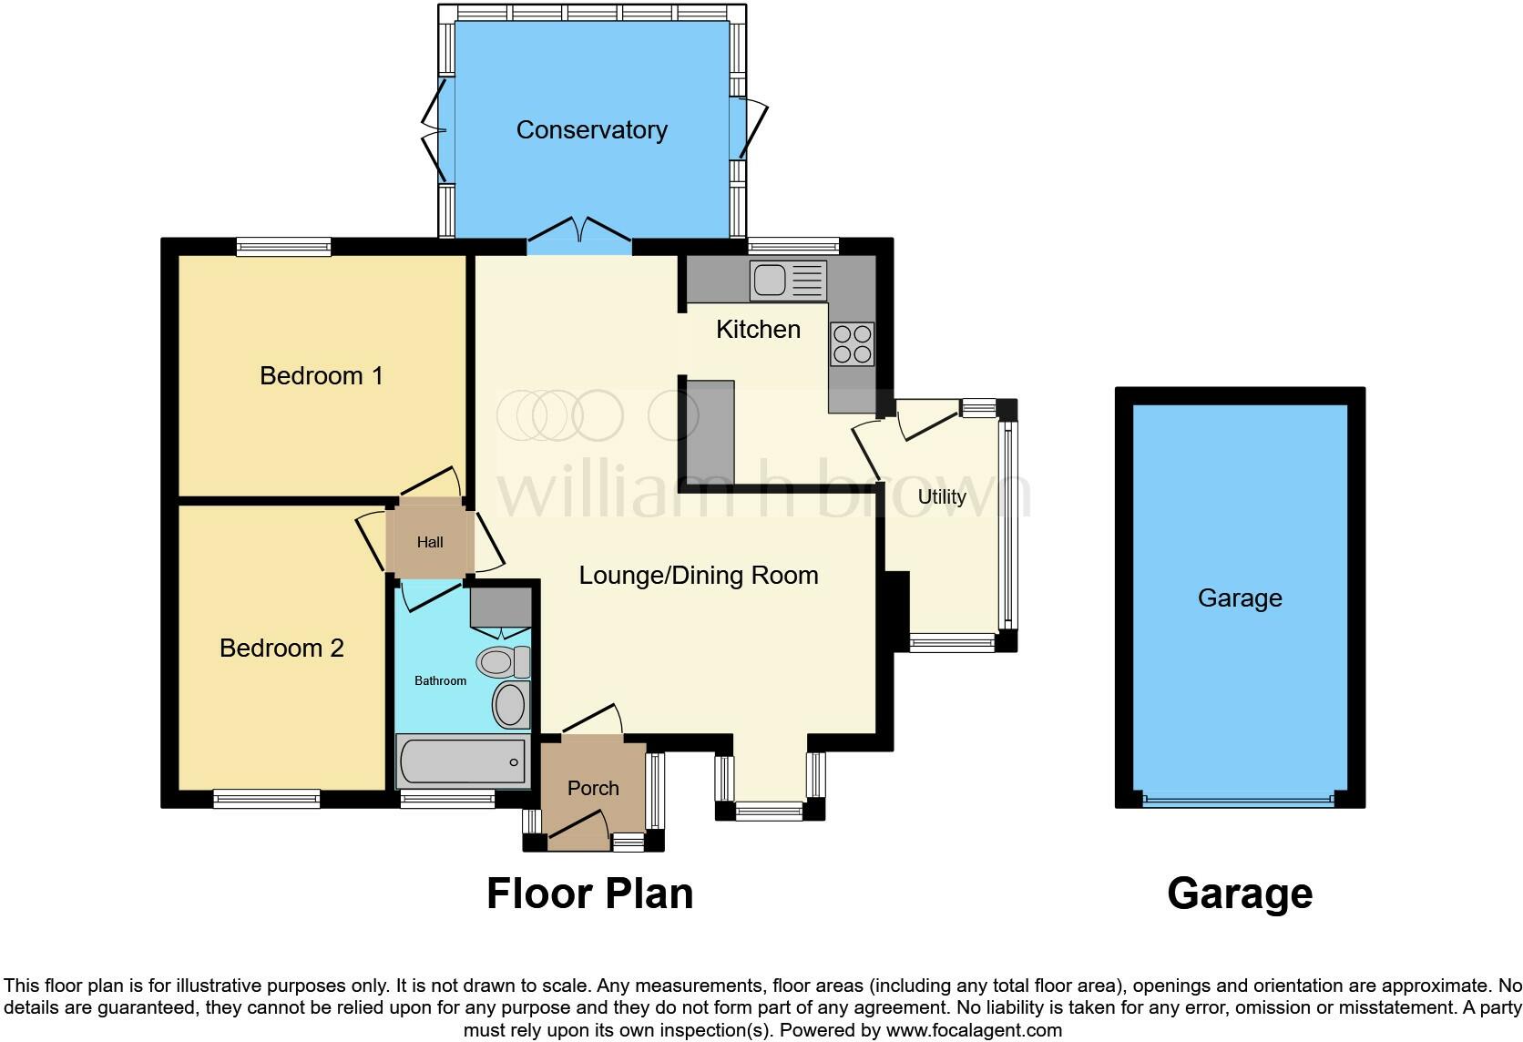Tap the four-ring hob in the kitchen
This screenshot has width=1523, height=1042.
tap(852, 344)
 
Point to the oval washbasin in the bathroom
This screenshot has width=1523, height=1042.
tap(510, 706)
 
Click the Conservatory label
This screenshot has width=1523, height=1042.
tap(591, 130)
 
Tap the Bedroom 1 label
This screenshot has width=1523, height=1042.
tap(321, 375)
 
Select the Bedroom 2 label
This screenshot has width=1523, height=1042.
tap(281, 648)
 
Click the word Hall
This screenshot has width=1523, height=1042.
tap(430, 543)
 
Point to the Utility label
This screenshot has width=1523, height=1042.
tap(941, 496)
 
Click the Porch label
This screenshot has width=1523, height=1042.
tap(593, 788)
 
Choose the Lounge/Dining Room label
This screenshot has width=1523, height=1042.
tap(699, 576)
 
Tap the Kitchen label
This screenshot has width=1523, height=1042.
tap(758, 329)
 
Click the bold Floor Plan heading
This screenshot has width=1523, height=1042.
tap(589, 894)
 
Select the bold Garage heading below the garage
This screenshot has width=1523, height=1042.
tap(1239, 894)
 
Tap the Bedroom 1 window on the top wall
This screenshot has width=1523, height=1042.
tap(283, 246)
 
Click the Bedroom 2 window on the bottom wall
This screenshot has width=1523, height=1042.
tap(266, 799)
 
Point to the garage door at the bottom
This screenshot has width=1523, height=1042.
tap(1239, 802)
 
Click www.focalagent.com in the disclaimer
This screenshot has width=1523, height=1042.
tap(974, 1031)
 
